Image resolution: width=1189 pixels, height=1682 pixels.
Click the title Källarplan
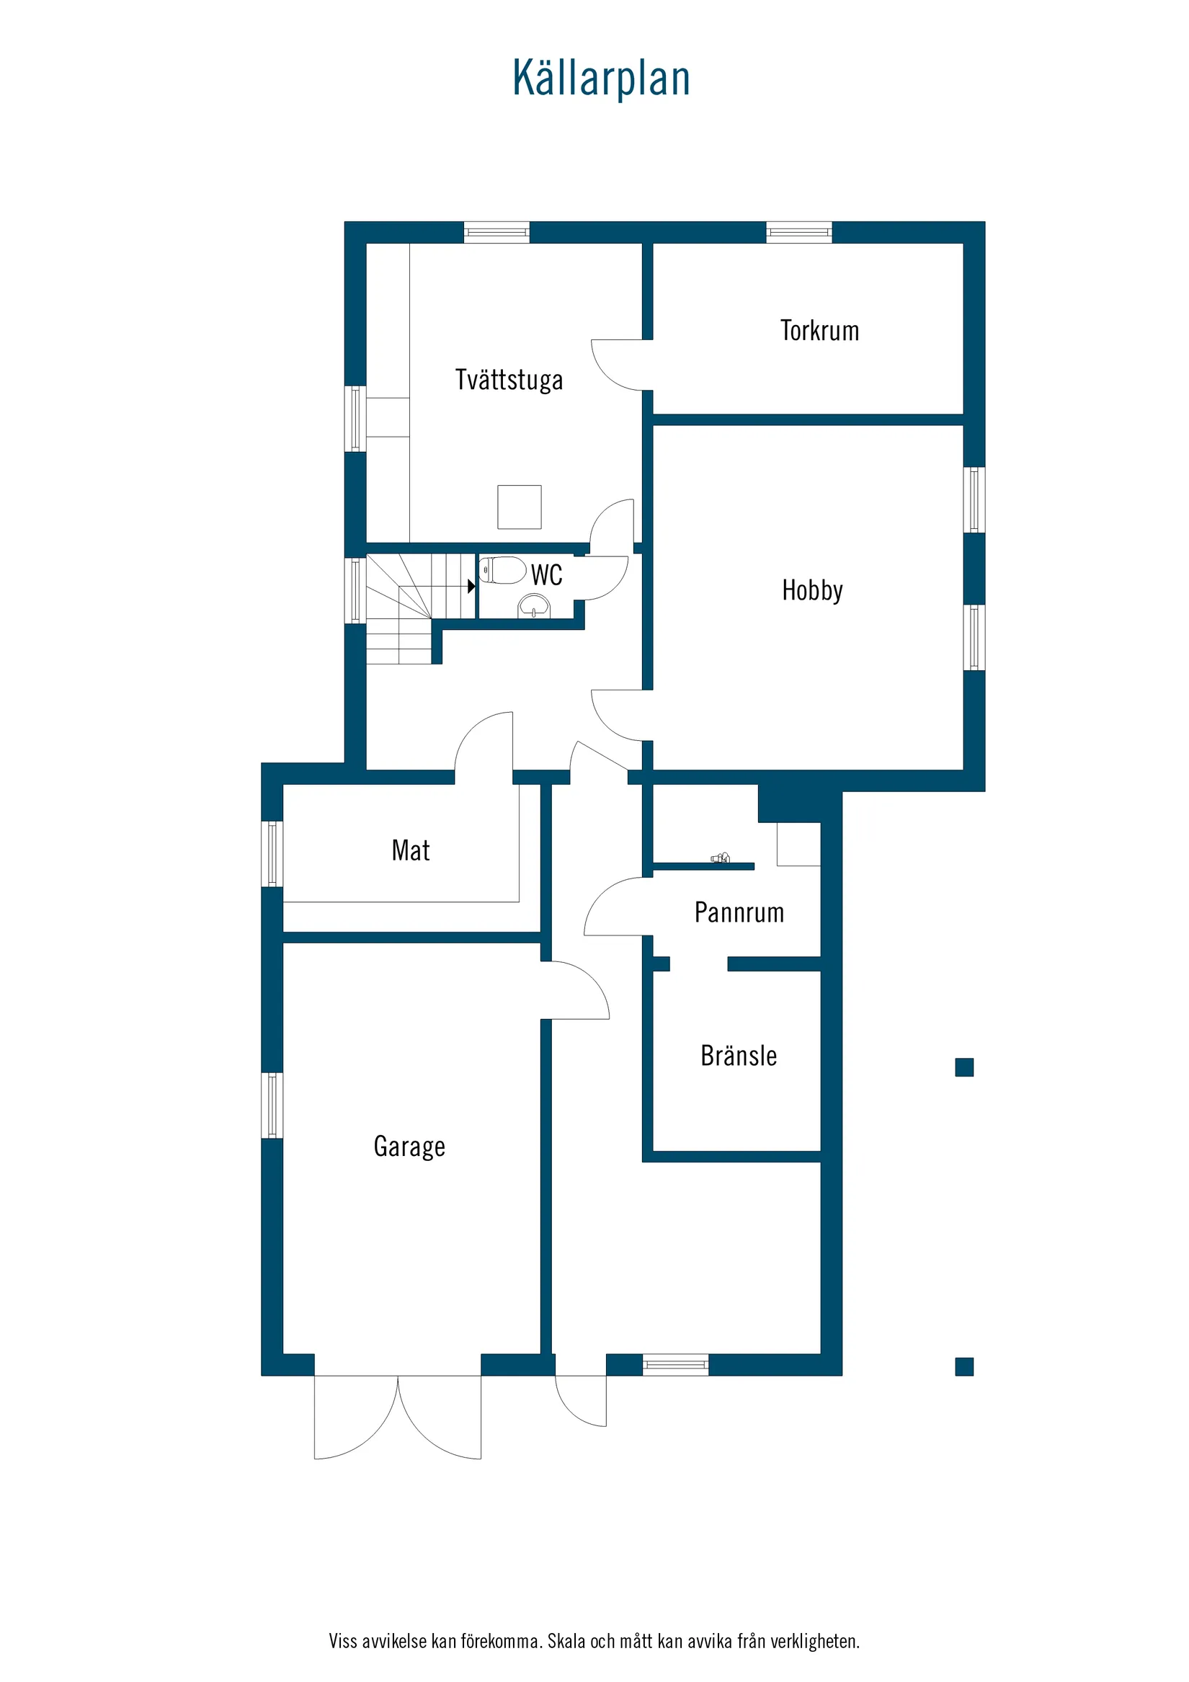(601, 79)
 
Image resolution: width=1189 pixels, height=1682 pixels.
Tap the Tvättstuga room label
(509, 381)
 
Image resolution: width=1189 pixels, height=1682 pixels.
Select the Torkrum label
(819, 331)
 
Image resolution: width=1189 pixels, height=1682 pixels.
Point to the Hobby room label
(811, 590)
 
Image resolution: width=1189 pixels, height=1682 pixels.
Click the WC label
(546, 575)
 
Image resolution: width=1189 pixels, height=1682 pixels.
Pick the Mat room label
(410, 850)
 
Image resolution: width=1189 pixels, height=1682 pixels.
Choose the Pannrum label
(739, 913)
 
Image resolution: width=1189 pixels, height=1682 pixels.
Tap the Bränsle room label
(738, 1056)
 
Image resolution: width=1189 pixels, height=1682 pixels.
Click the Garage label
(409, 1147)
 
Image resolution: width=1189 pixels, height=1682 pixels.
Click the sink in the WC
(533, 606)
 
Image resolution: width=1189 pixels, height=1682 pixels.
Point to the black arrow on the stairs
(471, 586)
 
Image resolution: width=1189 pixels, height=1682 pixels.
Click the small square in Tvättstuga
(520, 507)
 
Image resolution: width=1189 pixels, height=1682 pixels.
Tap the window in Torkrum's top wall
(798, 232)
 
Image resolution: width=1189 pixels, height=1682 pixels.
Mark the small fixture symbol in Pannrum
(720, 858)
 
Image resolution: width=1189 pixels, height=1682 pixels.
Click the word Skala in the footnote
(566, 1641)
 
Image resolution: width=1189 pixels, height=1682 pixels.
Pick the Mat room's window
(272, 854)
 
